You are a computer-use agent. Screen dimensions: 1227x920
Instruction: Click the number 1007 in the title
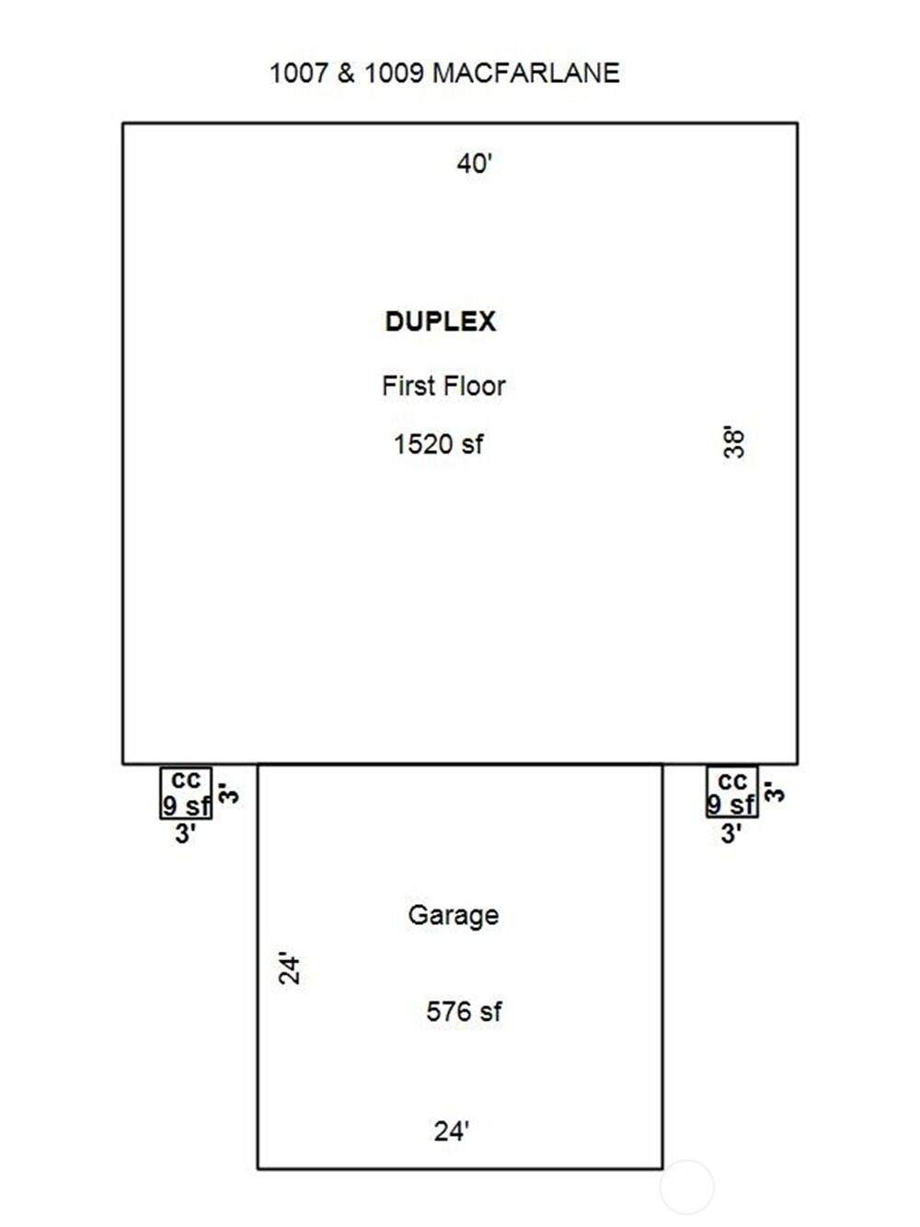pos(298,74)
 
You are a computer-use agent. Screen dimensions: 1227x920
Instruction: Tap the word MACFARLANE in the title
pos(525,74)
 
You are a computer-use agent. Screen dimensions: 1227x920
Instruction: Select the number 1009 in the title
pos(394,74)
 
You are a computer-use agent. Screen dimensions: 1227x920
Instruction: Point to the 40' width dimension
pos(475,164)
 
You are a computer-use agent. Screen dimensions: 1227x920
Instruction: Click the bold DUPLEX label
pos(441,321)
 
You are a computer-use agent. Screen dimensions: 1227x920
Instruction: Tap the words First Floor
pos(443,386)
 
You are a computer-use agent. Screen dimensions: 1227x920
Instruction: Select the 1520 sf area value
pos(438,445)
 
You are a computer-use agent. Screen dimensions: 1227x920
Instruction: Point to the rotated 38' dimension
pos(733,442)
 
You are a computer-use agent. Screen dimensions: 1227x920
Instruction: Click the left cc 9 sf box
pos(187,793)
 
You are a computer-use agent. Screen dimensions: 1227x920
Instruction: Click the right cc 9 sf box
pos(732,793)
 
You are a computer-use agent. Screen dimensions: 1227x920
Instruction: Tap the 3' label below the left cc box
pos(186,835)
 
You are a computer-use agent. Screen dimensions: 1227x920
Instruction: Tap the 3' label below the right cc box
pos(731,835)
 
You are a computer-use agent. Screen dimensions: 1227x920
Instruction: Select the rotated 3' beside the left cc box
pos(229,792)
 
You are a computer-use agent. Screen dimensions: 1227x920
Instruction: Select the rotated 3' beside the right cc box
pos(775,792)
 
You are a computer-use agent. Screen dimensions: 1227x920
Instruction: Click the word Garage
pos(454,916)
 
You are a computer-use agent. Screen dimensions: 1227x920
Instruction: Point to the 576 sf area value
pos(464,1013)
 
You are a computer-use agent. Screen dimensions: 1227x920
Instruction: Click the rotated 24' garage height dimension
pos(290,968)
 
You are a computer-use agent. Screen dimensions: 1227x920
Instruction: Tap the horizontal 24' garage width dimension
pos(452,1131)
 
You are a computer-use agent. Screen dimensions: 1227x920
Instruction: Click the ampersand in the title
pos(346,74)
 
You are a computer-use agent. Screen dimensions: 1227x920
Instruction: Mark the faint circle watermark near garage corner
pos(686,1186)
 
